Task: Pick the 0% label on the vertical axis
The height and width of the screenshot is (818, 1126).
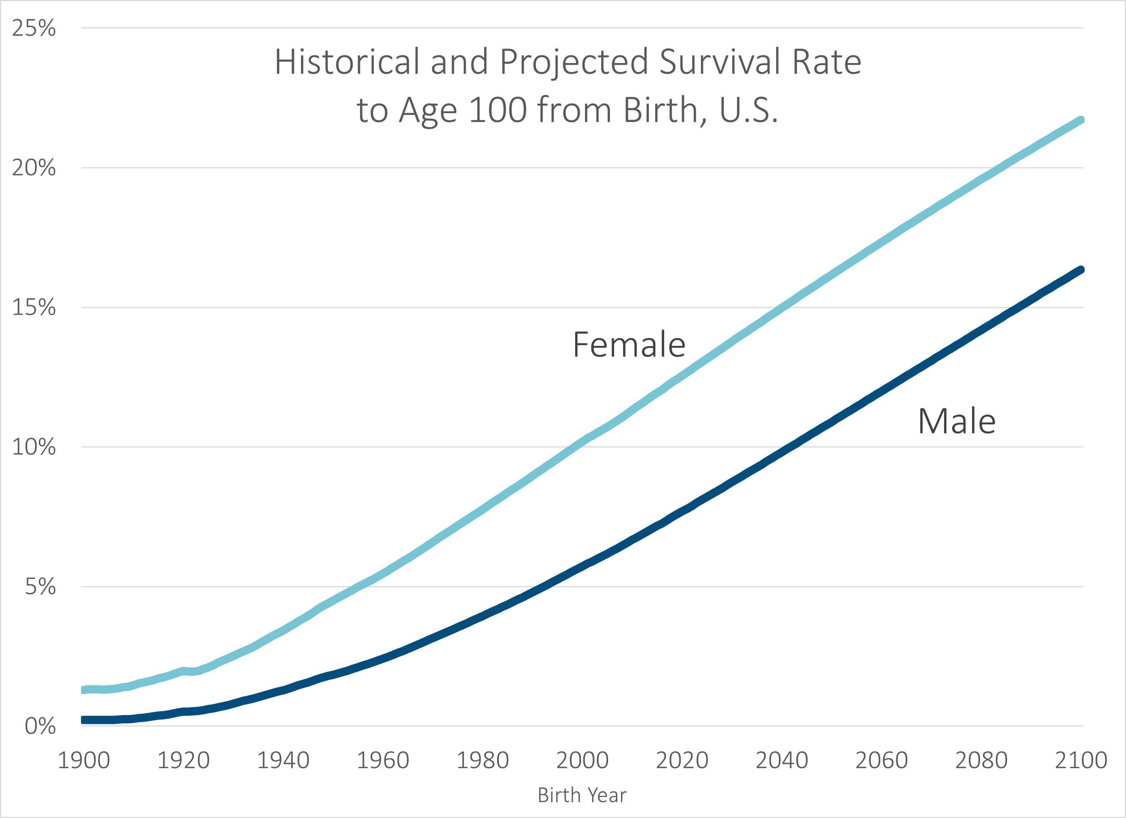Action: tap(40, 726)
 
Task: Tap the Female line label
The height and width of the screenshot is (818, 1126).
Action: tap(629, 345)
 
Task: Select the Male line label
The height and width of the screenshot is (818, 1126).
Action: tap(957, 421)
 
